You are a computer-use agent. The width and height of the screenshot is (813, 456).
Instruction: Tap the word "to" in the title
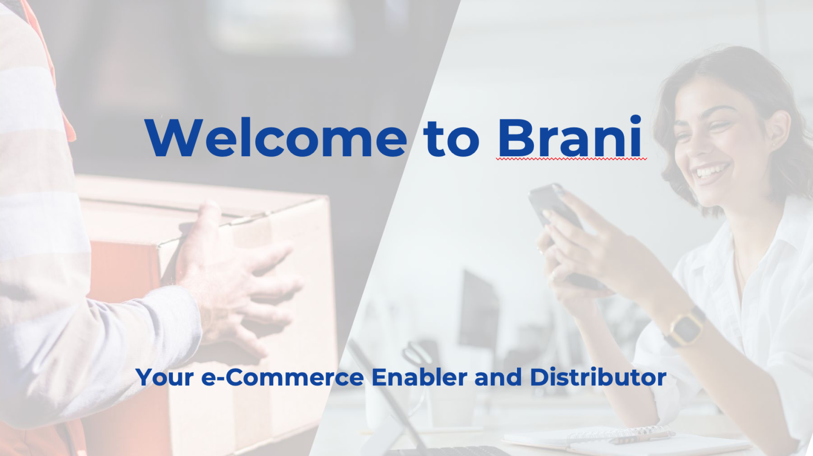coord(451,138)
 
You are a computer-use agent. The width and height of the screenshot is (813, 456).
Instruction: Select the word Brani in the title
coord(570,136)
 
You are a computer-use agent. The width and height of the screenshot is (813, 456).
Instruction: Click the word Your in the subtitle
coord(165,377)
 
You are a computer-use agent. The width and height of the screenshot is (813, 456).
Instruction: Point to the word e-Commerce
coord(282,377)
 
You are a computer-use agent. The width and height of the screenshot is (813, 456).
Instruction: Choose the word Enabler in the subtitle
coord(419,377)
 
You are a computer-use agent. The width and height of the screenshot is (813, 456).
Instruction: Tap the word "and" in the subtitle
coord(498,377)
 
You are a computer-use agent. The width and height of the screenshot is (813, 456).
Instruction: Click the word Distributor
coord(598,377)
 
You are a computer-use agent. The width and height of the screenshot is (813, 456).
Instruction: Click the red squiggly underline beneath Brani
coord(572,159)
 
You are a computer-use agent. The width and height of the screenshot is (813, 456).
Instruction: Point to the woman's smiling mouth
coord(712,172)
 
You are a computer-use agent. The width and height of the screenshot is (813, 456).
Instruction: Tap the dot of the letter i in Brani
coord(635,120)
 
